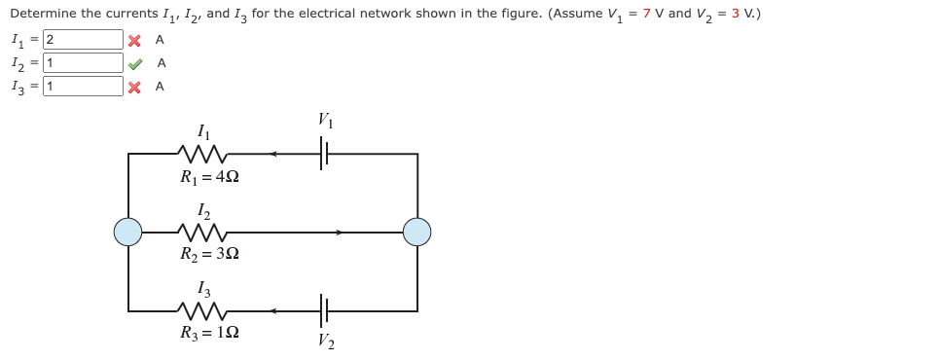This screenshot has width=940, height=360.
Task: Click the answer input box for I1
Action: click(x=82, y=40)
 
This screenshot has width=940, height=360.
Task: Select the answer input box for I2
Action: click(x=82, y=63)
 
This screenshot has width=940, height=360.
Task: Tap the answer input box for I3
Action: click(x=82, y=87)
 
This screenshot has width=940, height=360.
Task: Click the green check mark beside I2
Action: click(x=135, y=63)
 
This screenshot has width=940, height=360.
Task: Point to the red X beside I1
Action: click(x=135, y=40)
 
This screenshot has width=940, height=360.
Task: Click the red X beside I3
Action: click(x=135, y=87)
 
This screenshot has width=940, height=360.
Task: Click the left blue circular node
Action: click(x=128, y=233)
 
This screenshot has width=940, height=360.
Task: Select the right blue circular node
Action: click(x=417, y=233)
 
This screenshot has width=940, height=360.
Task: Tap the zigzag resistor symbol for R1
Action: click(x=204, y=153)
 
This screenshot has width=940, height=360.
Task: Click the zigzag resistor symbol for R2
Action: click(x=204, y=233)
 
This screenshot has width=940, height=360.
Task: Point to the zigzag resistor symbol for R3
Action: click(x=204, y=311)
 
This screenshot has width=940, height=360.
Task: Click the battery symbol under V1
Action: click(x=325, y=154)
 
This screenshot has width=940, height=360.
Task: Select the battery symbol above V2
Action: click(x=325, y=311)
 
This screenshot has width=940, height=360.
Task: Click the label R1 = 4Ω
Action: click(x=209, y=178)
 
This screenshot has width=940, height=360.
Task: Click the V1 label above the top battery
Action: click(x=325, y=122)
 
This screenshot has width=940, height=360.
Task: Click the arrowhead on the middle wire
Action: click(x=339, y=233)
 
